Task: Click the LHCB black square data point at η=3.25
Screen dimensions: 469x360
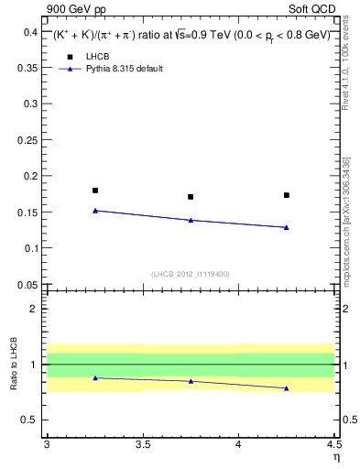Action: [95, 191]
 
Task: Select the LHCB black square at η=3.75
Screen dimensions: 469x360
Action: [191, 197]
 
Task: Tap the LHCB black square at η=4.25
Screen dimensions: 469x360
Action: [287, 195]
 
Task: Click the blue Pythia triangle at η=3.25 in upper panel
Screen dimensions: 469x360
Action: [95, 211]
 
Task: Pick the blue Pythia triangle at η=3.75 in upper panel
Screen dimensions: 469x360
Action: [191, 220]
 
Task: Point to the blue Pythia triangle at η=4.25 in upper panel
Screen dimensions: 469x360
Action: [287, 227]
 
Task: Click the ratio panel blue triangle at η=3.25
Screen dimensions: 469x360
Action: [95, 377]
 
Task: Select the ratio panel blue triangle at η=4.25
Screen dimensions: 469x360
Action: [287, 388]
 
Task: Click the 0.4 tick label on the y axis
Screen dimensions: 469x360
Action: [30, 32]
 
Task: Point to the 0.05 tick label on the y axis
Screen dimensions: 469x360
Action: [27, 285]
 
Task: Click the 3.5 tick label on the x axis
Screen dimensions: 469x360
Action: [142, 444]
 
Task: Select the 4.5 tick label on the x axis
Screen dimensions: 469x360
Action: [333, 444]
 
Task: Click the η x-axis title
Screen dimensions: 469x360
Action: [335, 456]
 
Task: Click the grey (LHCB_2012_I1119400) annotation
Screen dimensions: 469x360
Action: [191, 274]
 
